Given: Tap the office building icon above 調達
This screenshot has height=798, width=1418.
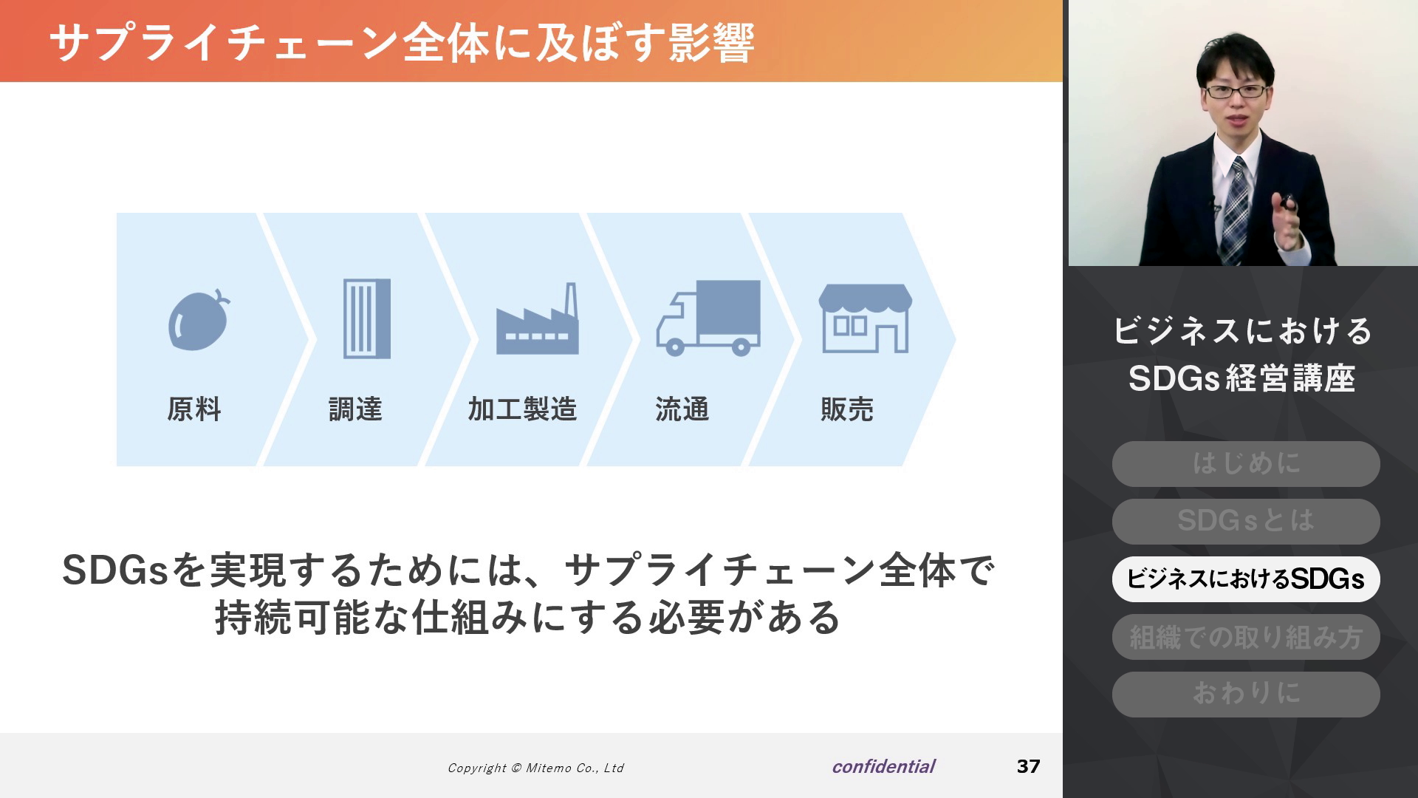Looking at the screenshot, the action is point(367,318).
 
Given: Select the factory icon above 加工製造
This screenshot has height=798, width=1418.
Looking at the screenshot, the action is point(537,318).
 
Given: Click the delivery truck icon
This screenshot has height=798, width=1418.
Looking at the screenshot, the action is point(708,318).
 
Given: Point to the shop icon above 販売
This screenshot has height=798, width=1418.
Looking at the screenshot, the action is point(865,318).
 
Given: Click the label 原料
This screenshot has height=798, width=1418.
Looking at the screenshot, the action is point(193,409).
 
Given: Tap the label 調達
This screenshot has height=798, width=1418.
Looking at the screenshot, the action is point(355,409).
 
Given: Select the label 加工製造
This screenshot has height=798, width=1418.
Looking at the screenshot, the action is point(522,409).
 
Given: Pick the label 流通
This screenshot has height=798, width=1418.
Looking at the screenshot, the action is point(682,409).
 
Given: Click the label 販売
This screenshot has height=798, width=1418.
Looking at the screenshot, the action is point(847,409).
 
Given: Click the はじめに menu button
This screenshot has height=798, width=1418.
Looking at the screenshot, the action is point(1246,464).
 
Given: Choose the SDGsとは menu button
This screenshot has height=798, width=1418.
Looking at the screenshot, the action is point(1246,521).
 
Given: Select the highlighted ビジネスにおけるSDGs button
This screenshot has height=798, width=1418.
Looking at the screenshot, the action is point(1246,579).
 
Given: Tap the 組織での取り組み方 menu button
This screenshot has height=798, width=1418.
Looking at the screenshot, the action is point(1246,636).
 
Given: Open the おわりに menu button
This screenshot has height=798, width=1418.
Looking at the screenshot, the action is point(1246,694).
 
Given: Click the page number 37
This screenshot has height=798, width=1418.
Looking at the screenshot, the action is point(1028,766).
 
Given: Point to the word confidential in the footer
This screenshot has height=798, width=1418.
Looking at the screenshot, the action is point(883,767).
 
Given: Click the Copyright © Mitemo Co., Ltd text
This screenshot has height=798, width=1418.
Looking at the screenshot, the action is point(535,768).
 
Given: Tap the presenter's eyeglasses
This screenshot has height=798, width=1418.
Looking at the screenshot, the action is point(1234,92).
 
